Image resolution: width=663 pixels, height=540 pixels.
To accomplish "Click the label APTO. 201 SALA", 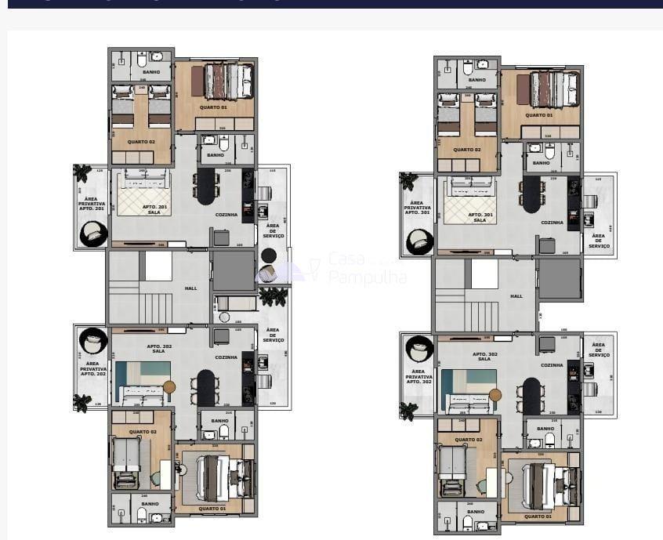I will pos(153,209).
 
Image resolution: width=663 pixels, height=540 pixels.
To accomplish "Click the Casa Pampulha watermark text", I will pos(367,268).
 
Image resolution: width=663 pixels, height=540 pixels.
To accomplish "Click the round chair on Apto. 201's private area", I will pos(92,233).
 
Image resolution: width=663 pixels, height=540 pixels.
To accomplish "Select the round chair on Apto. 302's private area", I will pos(419,349).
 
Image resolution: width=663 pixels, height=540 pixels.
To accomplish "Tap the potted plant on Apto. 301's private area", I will pos(408,181).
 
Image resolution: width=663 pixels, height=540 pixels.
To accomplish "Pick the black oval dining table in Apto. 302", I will pos(532,396).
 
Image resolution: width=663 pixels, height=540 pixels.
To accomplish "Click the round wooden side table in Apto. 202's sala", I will pos(168,386).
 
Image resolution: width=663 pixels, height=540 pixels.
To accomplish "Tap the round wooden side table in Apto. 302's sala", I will pos(495,395).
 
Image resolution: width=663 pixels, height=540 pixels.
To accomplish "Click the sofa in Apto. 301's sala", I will pos(468,187).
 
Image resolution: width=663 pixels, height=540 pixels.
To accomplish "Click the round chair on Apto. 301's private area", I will pos(419,241).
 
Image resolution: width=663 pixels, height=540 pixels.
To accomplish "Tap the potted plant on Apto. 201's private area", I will pos(82,172).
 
